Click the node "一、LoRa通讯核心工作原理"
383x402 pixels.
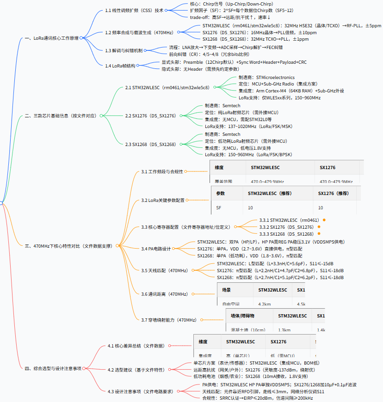coord(51,38)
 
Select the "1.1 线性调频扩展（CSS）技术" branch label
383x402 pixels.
coord(134,10)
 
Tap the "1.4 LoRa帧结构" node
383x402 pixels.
coord(120,66)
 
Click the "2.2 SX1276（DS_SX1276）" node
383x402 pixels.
coord(150,116)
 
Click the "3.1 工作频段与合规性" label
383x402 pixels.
coord(162,172)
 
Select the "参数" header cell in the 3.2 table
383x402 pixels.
coord(221,193)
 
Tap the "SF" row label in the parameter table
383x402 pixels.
coord(219,208)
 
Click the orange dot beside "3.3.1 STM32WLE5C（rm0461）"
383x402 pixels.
coord(324,220)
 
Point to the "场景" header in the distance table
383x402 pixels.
coord(226,290)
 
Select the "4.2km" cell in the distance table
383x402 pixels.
coord(264,304)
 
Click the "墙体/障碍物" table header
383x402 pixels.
coord(242,316)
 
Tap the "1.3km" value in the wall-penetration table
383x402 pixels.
coord(284,330)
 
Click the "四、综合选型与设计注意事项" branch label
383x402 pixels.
coord(53,368)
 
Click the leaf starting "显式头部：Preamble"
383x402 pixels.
coord(234,62)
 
